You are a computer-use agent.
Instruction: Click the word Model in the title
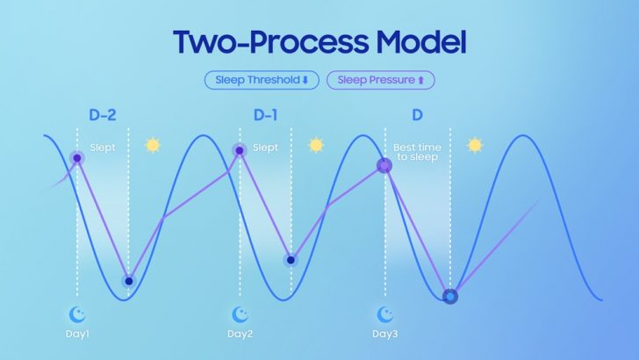tap(420, 41)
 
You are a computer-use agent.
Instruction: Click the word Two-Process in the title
tap(270, 41)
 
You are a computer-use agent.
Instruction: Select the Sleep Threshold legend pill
tap(262, 80)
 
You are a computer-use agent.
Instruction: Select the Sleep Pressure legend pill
tap(381, 80)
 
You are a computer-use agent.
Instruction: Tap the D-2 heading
tap(103, 115)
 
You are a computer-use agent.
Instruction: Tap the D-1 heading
tap(265, 115)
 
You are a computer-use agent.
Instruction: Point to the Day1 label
tap(77, 334)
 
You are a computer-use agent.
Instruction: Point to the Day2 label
tap(240, 334)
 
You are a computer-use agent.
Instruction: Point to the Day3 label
tap(385, 334)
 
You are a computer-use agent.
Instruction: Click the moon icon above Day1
tap(76, 314)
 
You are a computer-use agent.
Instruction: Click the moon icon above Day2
tap(240, 314)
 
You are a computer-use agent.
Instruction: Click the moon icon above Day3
tap(385, 314)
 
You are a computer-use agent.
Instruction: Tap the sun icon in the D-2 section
tap(153, 145)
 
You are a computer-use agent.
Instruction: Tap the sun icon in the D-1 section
tap(316, 145)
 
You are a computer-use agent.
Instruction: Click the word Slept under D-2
tap(103, 148)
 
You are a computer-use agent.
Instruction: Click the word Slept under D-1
tap(265, 148)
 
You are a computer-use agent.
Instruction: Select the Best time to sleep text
tap(417, 152)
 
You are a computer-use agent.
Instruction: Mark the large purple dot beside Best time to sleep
tap(384, 166)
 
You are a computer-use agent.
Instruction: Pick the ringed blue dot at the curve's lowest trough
tap(450, 297)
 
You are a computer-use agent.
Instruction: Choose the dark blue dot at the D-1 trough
tap(291, 260)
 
